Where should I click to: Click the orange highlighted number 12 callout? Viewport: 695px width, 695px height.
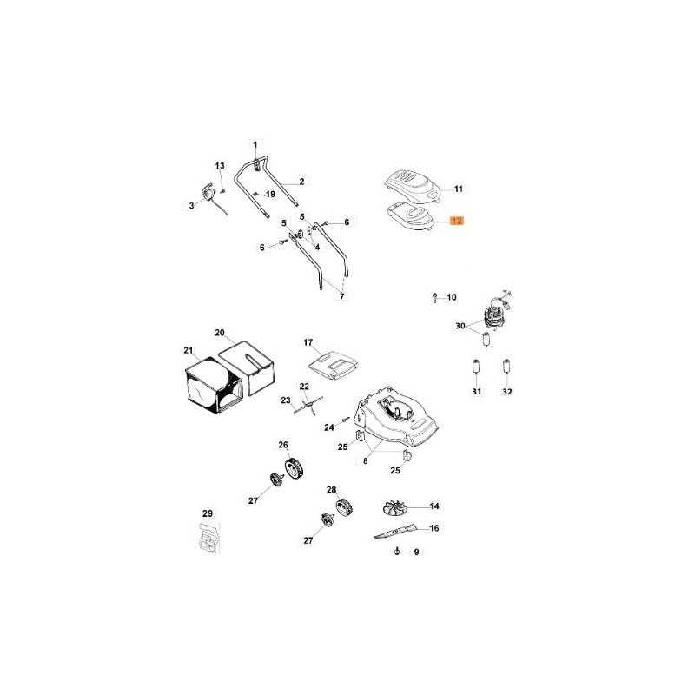pyautogui.click(x=457, y=221)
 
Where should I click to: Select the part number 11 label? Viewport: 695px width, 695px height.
pyautogui.click(x=459, y=189)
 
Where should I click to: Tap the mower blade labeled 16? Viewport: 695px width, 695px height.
pyautogui.click(x=395, y=531)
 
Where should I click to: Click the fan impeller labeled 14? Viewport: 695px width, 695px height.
pyautogui.click(x=394, y=508)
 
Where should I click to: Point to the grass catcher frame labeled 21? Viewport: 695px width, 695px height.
pyautogui.click(x=213, y=385)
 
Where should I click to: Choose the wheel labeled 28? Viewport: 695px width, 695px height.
pyautogui.click(x=343, y=507)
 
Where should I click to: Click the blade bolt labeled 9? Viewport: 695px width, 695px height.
pyautogui.click(x=397, y=552)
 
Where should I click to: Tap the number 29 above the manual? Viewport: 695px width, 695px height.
pyautogui.click(x=208, y=513)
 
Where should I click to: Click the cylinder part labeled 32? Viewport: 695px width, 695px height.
pyautogui.click(x=507, y=367)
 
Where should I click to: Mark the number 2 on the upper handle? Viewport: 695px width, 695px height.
pyautogui.click(x=301, y=182)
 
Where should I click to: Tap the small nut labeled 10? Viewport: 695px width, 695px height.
pyautogui.click(x=435, y=296)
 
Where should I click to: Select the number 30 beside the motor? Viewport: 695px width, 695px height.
pyautogui.click(x=460, y=326)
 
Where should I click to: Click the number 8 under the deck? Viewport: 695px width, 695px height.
pyautogui.click(x=365, y=461)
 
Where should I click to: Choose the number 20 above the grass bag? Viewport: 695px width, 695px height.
pyautogui.click(x=220, y=333)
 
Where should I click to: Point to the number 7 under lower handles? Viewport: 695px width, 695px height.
pyautogui.click(x=341, y=296)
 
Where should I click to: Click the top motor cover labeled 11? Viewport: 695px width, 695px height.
pyautogui.click(x=412, y=186)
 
